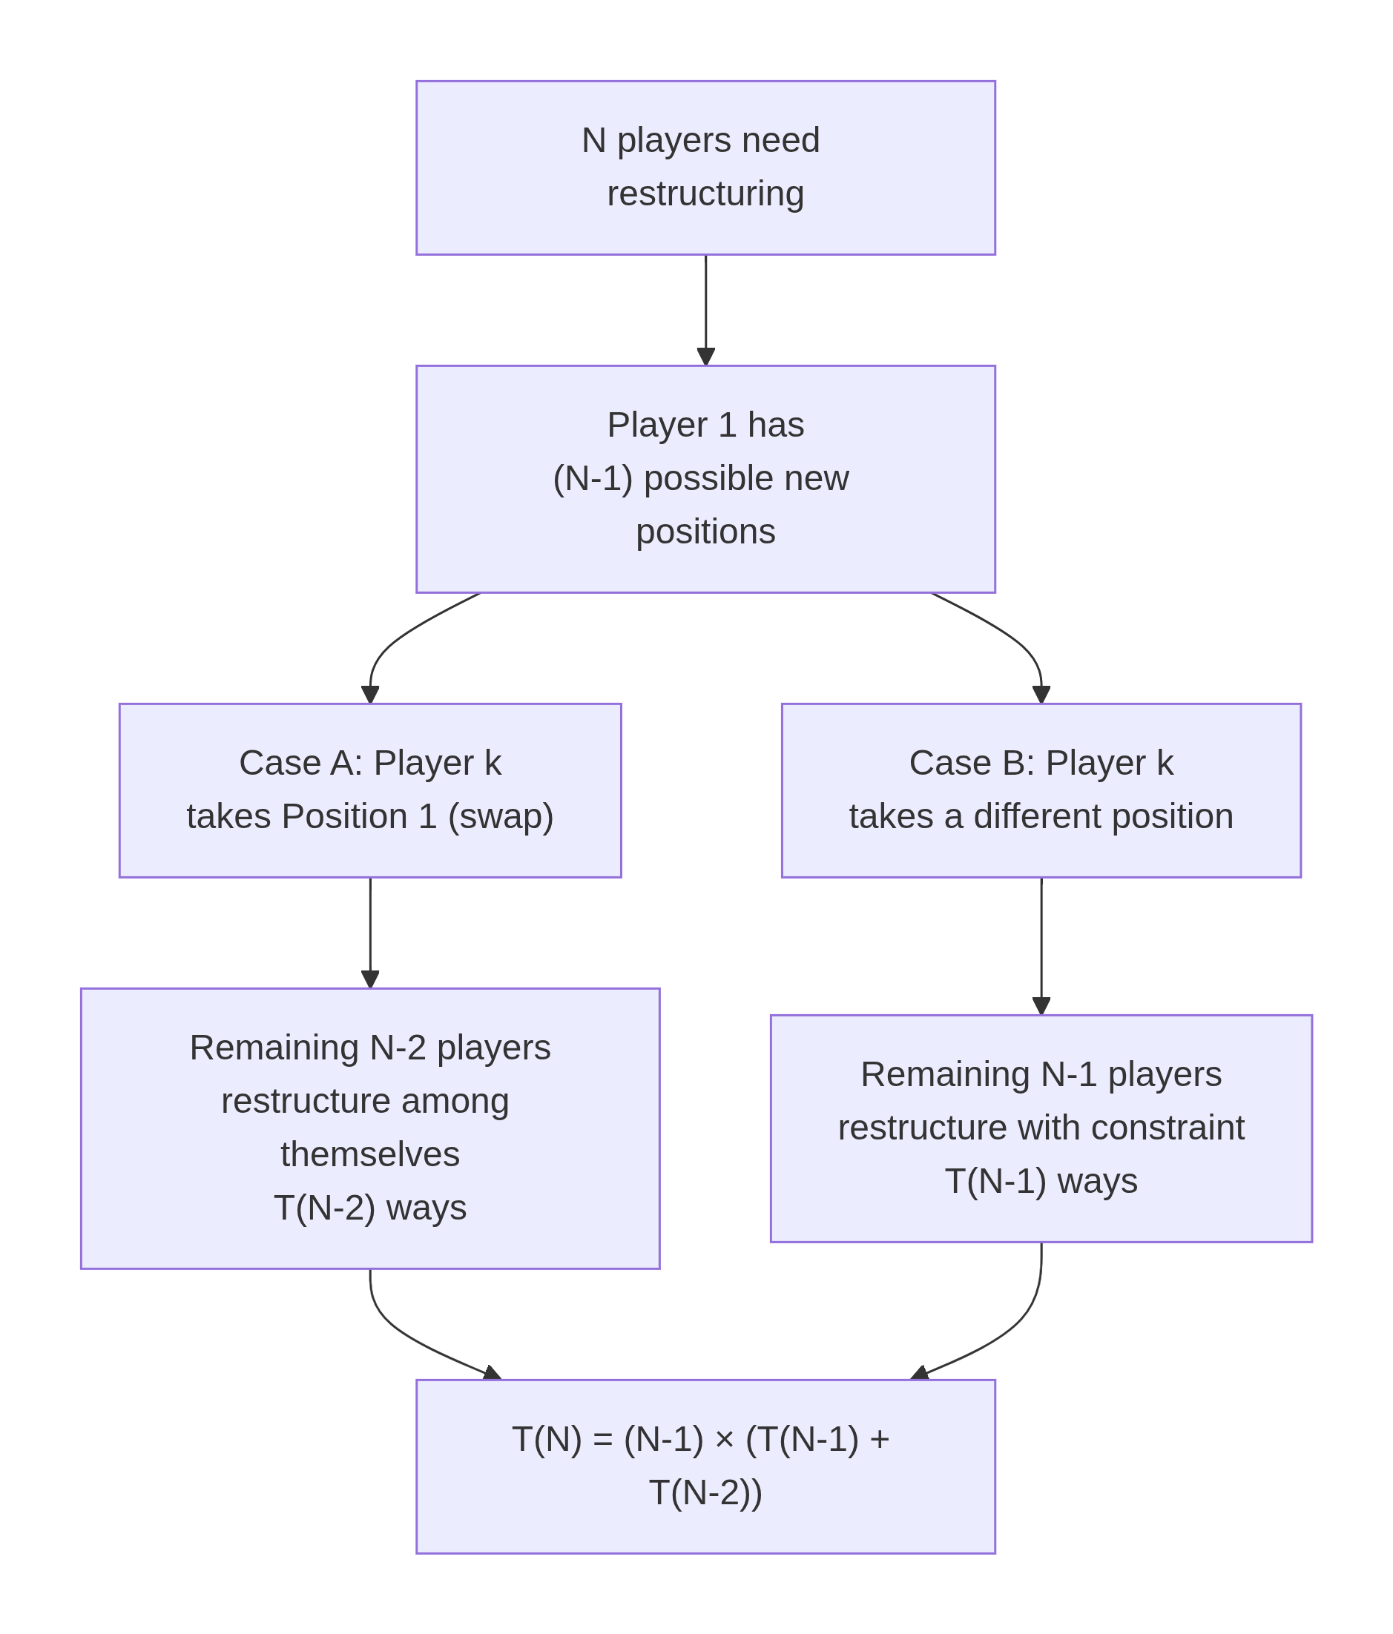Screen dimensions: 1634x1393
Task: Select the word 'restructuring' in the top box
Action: click(705, 193)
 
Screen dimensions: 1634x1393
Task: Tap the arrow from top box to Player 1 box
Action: click(705, 308)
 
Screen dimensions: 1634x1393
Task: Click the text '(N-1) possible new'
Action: click(699, 478)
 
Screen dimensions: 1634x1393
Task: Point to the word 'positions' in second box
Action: click(705, 531)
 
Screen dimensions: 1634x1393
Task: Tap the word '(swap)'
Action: click(500, 816)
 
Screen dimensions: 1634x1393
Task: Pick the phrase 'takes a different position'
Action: click(1041, 816)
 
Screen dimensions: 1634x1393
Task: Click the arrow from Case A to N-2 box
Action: click(370, 930)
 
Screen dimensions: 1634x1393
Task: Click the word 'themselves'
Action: click(370, 1154)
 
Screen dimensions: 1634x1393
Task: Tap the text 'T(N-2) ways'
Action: click(370, 1208)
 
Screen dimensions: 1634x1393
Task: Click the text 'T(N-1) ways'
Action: click(1041, 1180)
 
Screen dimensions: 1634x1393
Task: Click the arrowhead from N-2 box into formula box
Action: click(493, 1373)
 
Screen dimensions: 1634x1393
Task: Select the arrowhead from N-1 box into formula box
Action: click(920, 1373)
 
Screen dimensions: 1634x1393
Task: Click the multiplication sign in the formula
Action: click(723, 1440)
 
